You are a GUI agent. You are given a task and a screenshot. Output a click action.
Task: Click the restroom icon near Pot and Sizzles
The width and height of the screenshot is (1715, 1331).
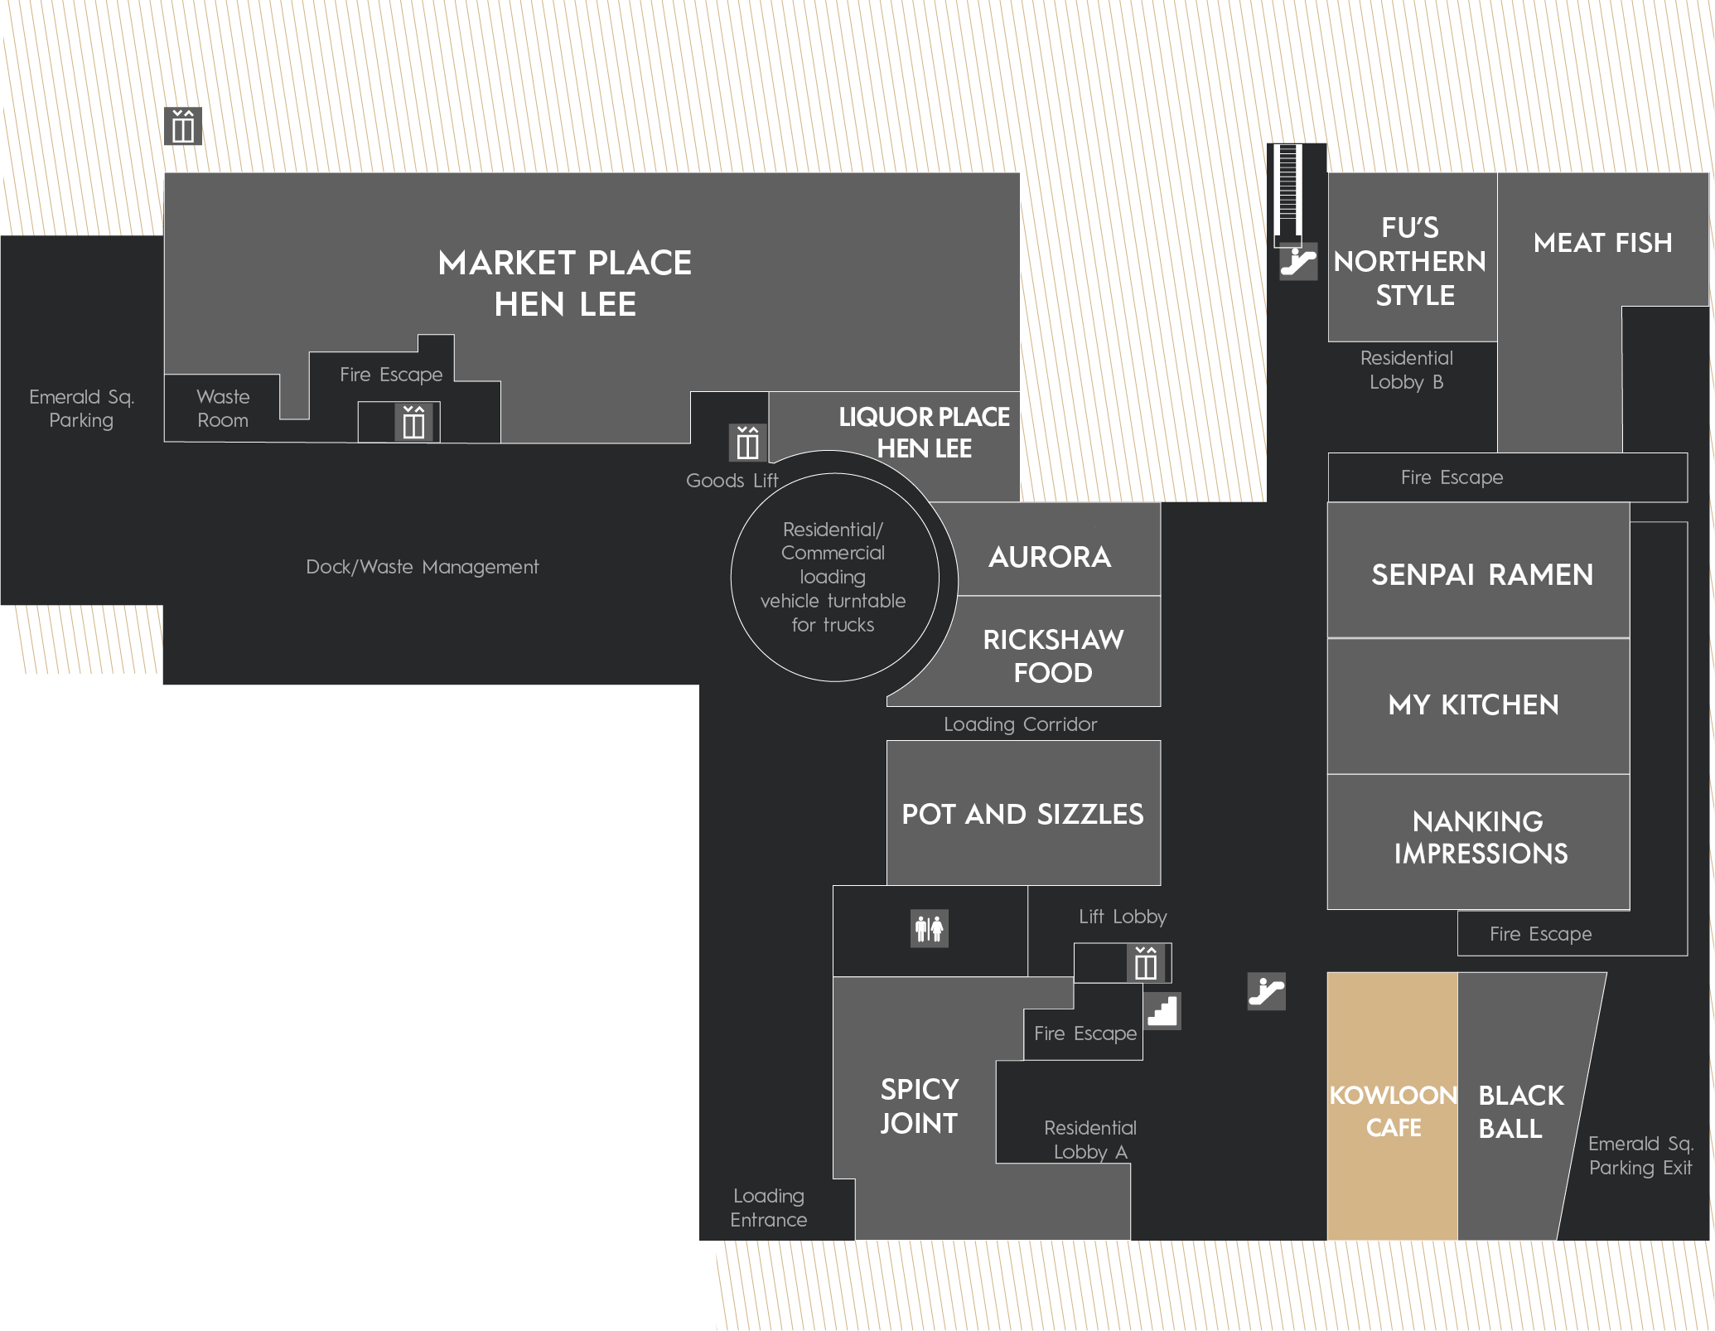(930, 928)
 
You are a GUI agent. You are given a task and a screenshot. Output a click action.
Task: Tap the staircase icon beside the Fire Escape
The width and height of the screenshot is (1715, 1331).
(1162, 1011)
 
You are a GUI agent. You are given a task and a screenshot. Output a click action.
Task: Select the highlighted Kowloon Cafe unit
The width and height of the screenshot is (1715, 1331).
(1393, 1106)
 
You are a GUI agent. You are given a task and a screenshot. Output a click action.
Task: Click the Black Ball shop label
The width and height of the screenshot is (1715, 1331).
(1521, 1111)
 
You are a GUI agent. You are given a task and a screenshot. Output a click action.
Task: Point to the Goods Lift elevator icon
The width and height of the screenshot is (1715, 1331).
(747, 443)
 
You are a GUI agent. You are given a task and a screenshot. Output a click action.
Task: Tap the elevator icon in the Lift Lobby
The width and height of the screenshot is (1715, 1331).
(1146, 963)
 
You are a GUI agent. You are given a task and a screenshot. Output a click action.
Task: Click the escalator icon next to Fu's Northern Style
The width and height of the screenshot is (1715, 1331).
(1298, 261)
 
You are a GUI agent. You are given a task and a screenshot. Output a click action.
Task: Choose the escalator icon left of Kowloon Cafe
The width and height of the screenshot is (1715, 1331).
(1267, 991)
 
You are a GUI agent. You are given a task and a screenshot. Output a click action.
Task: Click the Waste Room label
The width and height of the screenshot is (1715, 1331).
(223, 409)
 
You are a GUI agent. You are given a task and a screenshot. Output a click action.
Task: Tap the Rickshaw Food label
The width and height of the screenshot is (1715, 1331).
(1053, 656)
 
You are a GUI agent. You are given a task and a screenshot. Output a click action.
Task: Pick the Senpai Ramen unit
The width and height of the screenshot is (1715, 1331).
(1479, 570)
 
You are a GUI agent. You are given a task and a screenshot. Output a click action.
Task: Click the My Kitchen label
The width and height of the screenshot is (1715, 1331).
(1474, 704)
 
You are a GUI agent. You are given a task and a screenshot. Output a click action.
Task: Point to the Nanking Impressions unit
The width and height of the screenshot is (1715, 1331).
(1479, 842)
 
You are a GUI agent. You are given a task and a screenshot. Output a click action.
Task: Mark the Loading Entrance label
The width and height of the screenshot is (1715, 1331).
(769, 1208)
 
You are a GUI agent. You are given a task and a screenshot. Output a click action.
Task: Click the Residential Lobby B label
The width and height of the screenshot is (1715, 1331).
(1407, 370)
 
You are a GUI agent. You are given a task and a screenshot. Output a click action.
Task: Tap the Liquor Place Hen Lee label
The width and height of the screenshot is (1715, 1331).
(925, 432)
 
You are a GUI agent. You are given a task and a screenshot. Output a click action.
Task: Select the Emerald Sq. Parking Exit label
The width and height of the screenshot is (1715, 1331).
(1640, 1155)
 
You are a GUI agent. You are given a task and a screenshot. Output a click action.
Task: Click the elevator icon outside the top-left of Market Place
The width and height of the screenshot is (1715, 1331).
(183, 126)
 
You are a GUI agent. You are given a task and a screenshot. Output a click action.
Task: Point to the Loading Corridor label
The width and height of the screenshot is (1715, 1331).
(1021, 724)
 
